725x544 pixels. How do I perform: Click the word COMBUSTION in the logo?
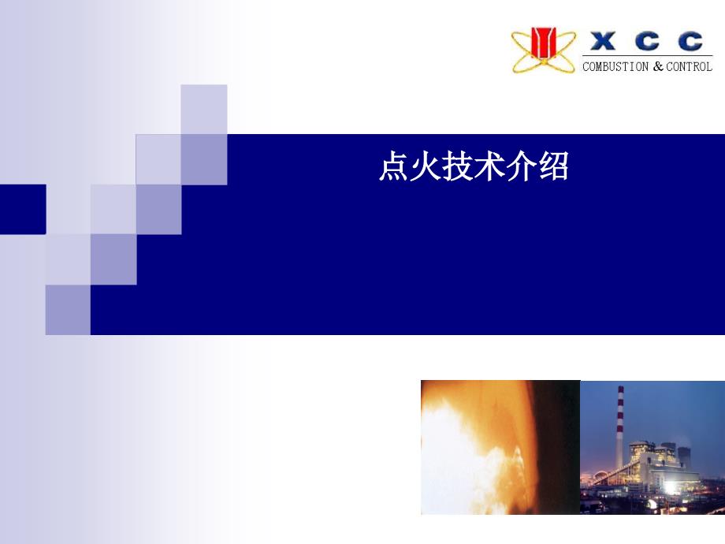(x=615, y=66)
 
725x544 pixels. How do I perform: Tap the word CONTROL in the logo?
(x=689, y=66)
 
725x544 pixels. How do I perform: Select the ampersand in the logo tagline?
(x=658, y=66)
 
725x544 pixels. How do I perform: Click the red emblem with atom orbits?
(x=543, y=49)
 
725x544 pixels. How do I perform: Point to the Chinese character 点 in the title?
(x=394, y=166)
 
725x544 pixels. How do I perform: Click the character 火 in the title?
(x=426, y=166)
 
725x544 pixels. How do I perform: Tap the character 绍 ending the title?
(x=553, y=166)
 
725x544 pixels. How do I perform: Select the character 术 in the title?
(x=489, y=166)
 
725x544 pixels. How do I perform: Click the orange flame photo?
(x=500, y=447)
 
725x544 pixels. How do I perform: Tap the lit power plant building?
(x=656, y=468)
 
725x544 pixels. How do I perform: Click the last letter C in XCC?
(x=691, y=41)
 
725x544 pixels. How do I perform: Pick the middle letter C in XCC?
(x=647, y=41)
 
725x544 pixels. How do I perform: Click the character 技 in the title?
(x=457, y=166)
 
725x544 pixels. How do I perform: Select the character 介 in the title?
(x=521, y=166)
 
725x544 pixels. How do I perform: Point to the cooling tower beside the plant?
(x=684, y=456)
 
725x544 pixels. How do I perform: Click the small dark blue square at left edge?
(x=23, y=209)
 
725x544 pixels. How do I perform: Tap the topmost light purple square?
(x=204, y=109)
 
